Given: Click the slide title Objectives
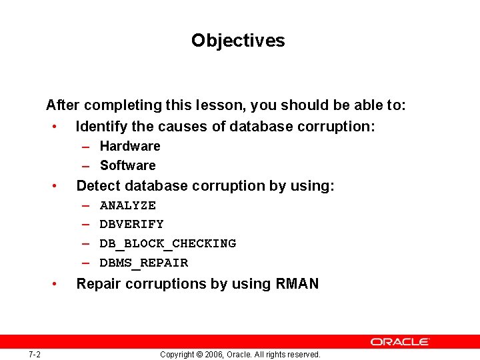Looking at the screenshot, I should click(238, 41).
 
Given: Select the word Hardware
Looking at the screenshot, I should click(130, 146).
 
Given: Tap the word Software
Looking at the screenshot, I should click(127, 165).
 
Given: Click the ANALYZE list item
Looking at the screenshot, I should click(127, 205).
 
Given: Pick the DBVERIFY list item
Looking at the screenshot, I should click(131, 224).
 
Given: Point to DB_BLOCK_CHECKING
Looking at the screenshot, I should click(167, 243).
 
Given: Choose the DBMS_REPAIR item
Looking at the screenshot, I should click(143, 263).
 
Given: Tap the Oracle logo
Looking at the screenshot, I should click(400, 341).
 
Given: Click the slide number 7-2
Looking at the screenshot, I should click(35, 354).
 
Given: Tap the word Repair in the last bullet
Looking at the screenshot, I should click(99, 284).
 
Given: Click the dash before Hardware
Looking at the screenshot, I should click(87, 147).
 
